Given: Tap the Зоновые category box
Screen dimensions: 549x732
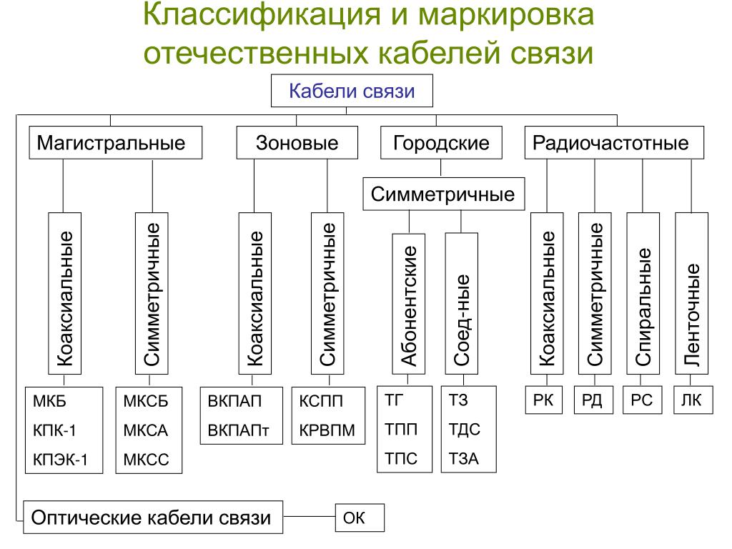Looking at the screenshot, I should click(x=297, y=143).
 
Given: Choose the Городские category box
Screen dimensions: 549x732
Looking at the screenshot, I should click(x=441, y=143).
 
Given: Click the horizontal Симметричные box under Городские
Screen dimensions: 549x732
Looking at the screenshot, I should click(x=443, y=194).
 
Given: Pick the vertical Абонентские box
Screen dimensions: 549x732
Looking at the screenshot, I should click(x=409, y=303).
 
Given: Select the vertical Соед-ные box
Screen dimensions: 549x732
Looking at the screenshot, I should click(x=462, y=303).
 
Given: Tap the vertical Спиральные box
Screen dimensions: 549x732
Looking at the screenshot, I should click(x=643, y=293).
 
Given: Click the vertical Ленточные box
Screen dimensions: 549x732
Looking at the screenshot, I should click(x=692, y=293).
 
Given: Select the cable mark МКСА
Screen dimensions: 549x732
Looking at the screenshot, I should click(x=146, y=430).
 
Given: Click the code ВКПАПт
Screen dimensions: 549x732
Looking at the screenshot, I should click(x=235, y=430).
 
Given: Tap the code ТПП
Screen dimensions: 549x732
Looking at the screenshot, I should click(x=401, y=429).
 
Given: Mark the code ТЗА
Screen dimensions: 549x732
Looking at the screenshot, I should click(x=463, y=458).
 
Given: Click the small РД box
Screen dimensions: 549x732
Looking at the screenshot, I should click(x=593, y=400).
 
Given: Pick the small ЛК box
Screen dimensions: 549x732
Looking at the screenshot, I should click(x=692, y=400).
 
